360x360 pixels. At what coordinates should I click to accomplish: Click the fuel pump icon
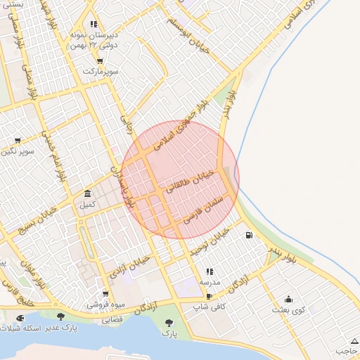249,235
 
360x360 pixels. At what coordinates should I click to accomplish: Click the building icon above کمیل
87,193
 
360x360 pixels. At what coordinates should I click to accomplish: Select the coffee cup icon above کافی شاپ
209,297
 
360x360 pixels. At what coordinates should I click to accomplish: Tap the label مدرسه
210,281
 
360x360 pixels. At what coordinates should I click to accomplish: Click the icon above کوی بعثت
288,299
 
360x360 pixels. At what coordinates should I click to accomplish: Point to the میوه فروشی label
105,305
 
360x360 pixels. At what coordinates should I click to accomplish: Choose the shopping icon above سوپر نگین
18,141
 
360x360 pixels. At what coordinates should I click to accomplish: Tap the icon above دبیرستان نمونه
94,25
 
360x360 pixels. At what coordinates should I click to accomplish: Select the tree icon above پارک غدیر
60,317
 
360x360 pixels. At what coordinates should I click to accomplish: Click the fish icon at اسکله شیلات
18,318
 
